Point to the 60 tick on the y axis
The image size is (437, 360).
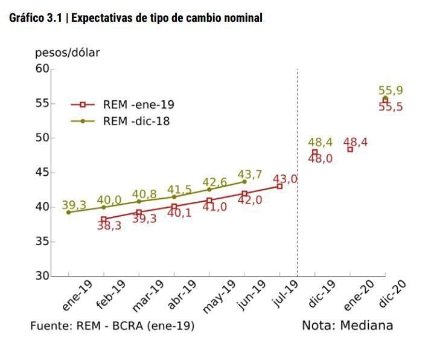42,69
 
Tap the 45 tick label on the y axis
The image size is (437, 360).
42,173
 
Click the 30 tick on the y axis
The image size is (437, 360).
42,276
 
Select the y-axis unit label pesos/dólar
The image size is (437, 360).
67,53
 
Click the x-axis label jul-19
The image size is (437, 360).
285,294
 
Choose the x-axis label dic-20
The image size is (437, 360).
391,294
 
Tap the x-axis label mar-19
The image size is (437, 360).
147,296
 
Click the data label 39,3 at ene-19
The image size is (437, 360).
74,205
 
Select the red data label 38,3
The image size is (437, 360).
110,227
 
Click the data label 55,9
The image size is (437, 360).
391,91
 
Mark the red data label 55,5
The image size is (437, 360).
391,107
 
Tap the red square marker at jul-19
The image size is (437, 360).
279,187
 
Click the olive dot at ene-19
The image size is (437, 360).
68,213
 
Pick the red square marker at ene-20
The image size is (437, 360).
350,149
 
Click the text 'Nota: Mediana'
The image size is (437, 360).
347,326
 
